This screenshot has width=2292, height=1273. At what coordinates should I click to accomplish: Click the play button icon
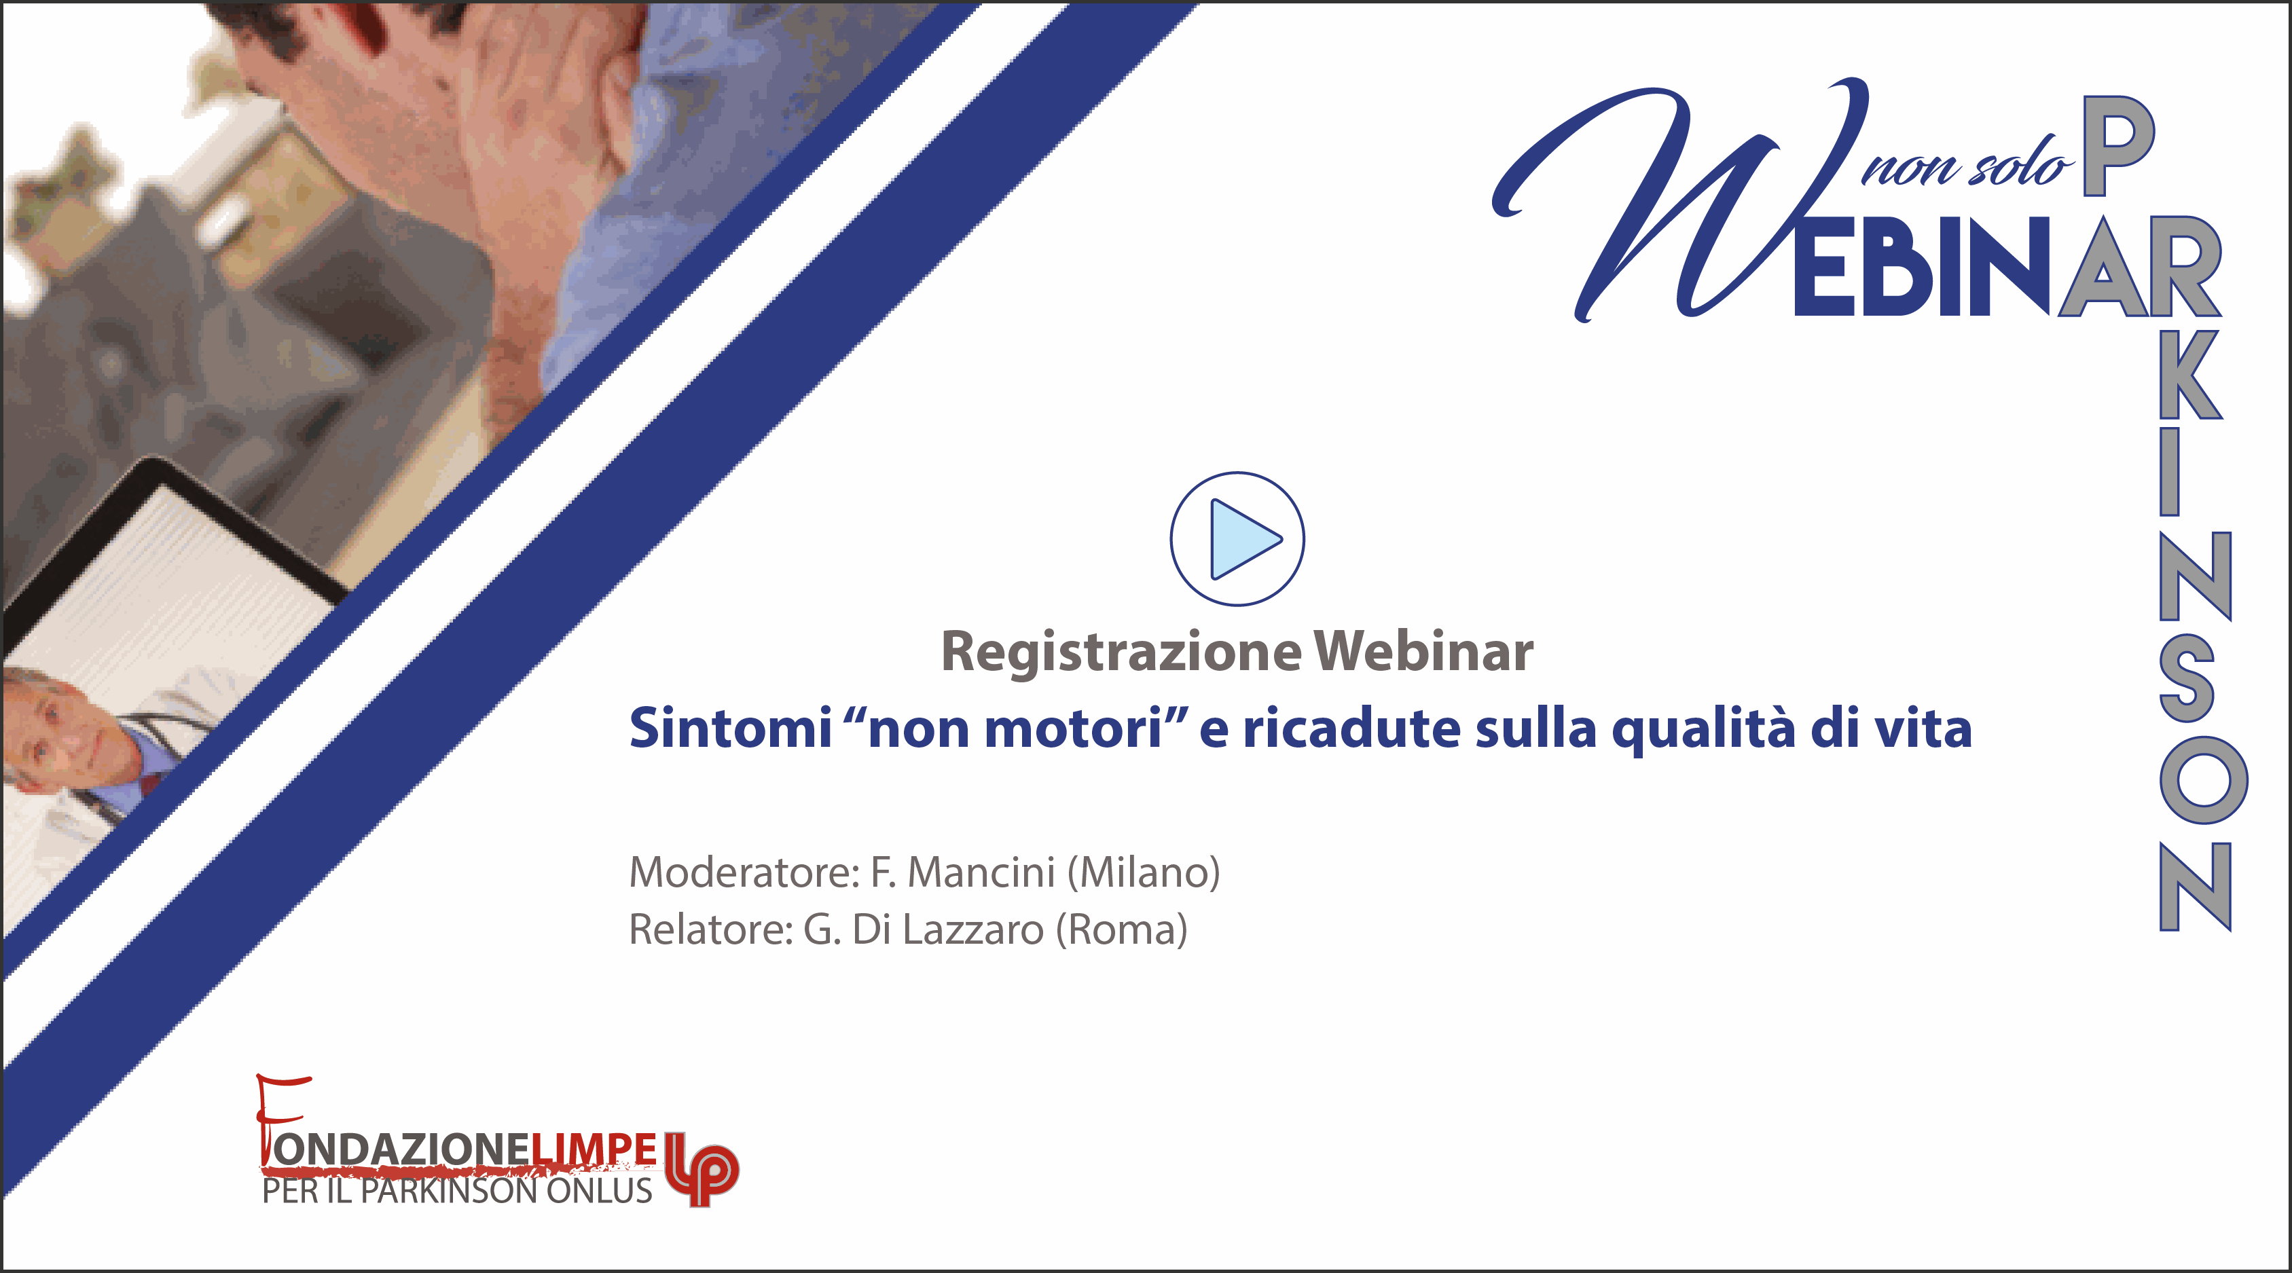1237,539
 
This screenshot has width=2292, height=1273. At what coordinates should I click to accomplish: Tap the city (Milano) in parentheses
1144,872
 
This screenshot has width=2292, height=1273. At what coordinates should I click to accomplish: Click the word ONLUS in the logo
599,1190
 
